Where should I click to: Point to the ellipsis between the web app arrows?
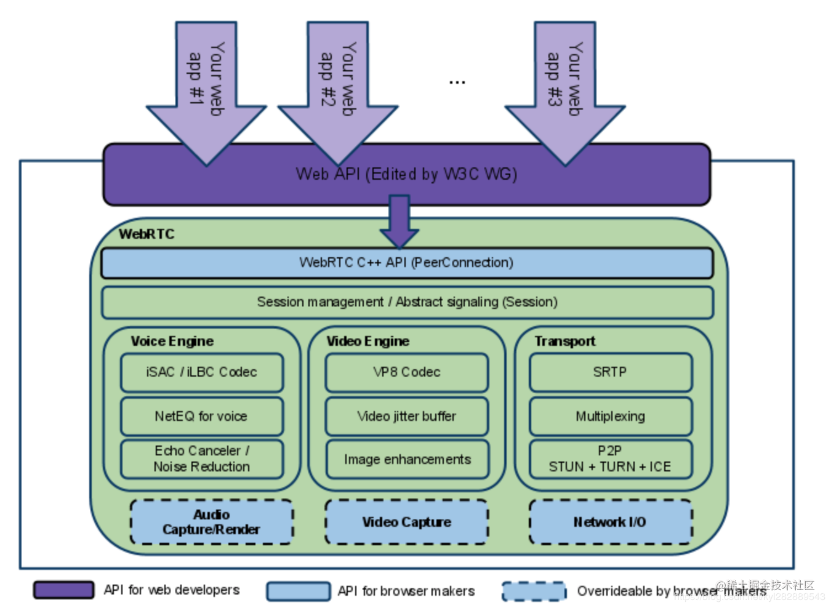point(457,82)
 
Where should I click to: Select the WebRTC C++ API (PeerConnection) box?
point(407,263)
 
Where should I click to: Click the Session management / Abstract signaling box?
point(407,302)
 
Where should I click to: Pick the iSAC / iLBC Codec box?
point(202,372)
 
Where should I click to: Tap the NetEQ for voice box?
point(202,417)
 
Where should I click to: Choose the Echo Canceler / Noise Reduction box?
point(202,459)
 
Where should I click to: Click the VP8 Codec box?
point(407,372)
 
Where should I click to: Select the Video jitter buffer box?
point(407,417)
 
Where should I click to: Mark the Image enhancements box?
point(407,459)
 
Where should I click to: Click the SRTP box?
point(611,372)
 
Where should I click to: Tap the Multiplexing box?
point(611,417)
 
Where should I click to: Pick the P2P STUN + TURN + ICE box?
point(611,459)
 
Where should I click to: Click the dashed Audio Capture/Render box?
point(212,522)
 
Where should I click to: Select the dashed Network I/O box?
point(611,522)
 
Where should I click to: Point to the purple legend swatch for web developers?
point(64,590)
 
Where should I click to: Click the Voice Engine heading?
point(172,341)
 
